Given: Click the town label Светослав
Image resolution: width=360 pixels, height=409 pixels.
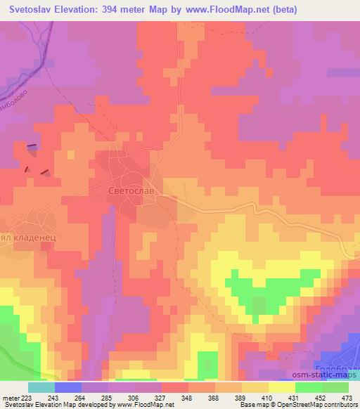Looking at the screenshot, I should click(x=123, y=190).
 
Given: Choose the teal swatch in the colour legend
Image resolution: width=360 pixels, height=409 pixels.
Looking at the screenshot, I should click(x=41, y=387).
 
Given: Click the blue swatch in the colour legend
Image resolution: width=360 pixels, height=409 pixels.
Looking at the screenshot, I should click(x=68, y=387).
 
